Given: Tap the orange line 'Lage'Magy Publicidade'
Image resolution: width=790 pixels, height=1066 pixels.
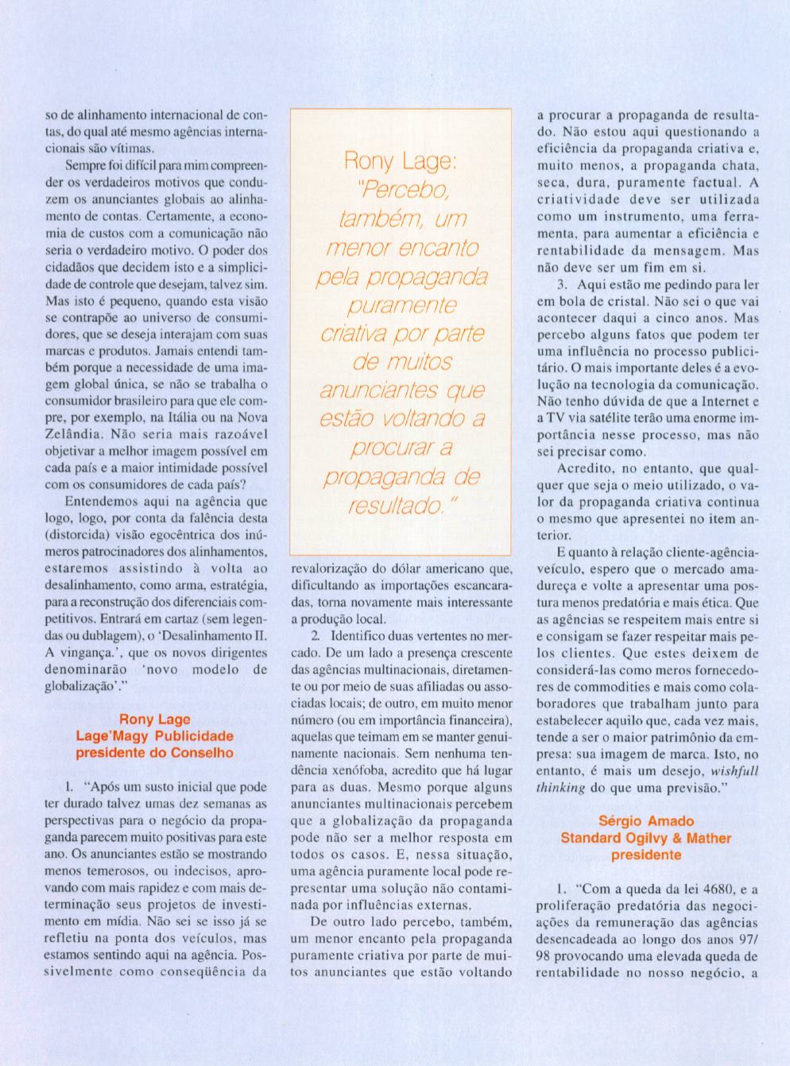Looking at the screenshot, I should (154, 736).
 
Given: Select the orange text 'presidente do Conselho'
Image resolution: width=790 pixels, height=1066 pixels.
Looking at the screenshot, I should (154, 752).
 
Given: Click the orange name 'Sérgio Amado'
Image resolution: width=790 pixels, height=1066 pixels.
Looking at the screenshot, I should (646, 821).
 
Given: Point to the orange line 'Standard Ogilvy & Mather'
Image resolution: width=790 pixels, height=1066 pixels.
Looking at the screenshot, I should (646, 838).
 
